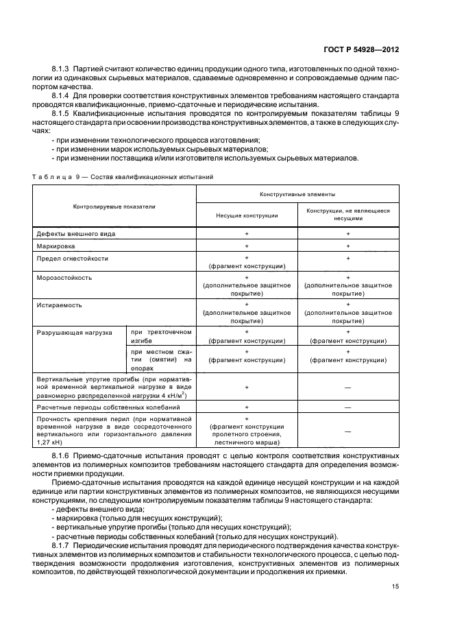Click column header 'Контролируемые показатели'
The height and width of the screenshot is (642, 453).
[x=114, y=206]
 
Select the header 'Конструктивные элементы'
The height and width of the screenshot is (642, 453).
[x=297, y=194]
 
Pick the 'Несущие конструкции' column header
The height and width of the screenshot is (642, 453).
[x=247, y=215]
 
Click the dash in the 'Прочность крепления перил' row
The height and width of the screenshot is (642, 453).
[x=347, y=431]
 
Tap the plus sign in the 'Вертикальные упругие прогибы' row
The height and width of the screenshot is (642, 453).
[x=247, y=387]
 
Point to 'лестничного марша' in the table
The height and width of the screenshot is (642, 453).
[x=246, y=443]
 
